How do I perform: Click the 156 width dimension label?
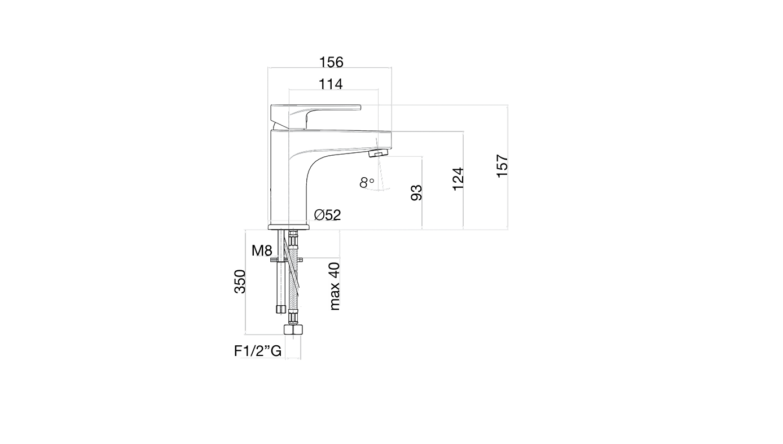[331, 62]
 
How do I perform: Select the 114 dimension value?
[331, 84]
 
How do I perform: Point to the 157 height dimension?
[502, 166]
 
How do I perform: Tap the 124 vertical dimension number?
[458, 179]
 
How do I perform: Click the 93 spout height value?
[416, 193]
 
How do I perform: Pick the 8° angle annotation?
[367, 182]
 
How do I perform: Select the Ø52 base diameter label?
[328, 215]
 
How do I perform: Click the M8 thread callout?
[262, 250]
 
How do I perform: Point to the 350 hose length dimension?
[240, 282]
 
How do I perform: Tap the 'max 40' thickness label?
[335, 287]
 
